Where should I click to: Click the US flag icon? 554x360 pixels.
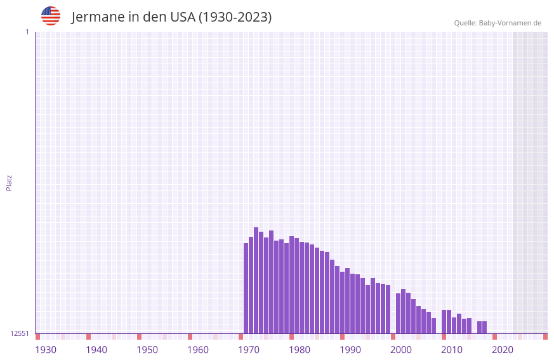click(51, 16)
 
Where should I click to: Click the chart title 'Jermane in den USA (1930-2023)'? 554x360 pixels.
click(171, 17)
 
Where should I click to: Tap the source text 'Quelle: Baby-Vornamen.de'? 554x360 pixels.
click(498, 23)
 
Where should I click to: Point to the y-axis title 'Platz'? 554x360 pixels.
click(9, 182)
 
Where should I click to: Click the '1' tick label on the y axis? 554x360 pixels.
click(27, 32)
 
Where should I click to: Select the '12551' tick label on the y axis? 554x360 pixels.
click(20, 333)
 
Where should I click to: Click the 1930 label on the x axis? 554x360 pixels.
click(46, 350)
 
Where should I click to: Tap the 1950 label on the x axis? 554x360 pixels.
click(147, 350)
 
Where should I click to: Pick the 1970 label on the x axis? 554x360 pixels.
click(249, 350)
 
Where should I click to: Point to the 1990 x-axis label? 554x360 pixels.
click(350, 350)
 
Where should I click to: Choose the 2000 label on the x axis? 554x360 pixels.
click(401, 350)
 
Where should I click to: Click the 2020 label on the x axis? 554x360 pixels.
click(503, 350)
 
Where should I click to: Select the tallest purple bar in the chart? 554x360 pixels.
click(256, 280)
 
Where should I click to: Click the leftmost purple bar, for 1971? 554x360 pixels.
click(246, 288)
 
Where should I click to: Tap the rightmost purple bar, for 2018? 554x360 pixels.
click(485, 327)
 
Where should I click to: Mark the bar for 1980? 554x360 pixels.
click(292, 285)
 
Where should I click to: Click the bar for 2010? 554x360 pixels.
click(444, 321)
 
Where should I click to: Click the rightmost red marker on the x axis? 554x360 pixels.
click(545, 337)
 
